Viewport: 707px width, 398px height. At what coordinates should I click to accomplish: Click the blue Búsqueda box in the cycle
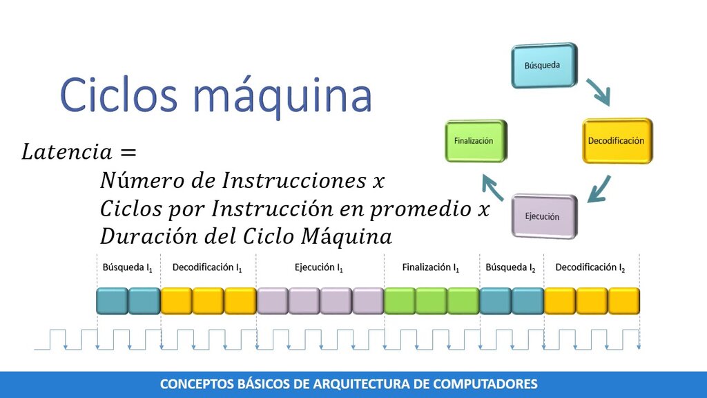click(x=544, y=66)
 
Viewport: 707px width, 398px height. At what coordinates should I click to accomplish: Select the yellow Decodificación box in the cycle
click(x=617, y=141)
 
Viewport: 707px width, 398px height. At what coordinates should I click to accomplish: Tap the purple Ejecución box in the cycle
click(x=544, y=216)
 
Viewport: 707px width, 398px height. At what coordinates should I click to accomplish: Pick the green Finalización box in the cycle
click(x=476, y=141)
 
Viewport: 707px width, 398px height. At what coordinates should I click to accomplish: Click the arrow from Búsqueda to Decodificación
click(x=599, y=92)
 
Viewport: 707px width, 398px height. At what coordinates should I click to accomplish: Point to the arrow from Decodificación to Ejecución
click(x=599, y=189)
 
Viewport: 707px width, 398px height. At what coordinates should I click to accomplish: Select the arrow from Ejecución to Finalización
click(x=492, y=187)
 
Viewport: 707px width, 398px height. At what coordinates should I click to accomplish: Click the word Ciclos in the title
click(x=119, y=95)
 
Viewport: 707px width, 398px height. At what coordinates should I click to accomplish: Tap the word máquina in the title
click(x=282, y=97)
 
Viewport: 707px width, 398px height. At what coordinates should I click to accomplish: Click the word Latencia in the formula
click(x=67, y=151)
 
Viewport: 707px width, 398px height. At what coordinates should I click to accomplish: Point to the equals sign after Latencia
click(x=128, y=153)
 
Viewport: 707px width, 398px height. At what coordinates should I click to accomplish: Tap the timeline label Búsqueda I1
click(x=128, y=267)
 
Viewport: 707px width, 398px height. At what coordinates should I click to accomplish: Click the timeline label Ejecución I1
click(x=319, y=267)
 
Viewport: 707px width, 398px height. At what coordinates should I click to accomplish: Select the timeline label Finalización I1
click(x=431, y=267)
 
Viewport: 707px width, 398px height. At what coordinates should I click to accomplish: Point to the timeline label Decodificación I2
click(x=590, y=267)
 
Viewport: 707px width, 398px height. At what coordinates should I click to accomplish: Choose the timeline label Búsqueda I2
click(x=511, y=267)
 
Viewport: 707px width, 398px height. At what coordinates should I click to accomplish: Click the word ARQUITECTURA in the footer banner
click(x=371, y=384)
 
